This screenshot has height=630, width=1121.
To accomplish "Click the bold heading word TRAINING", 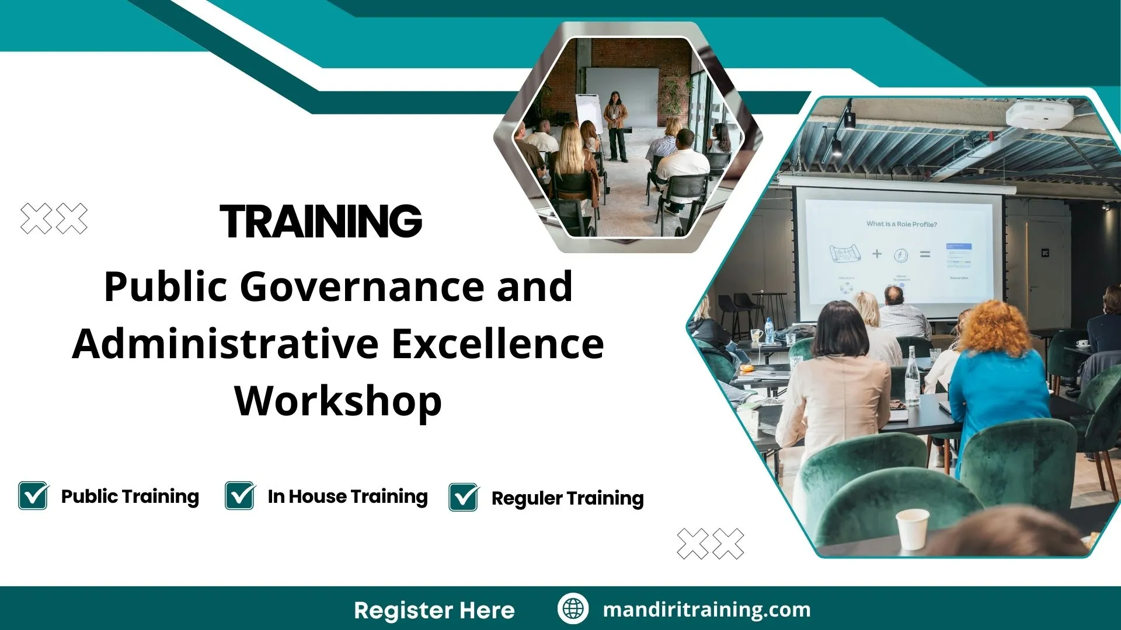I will point(321,222).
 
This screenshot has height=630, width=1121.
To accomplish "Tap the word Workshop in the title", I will point(338,401).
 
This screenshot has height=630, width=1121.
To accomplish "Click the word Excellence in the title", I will point(497,344).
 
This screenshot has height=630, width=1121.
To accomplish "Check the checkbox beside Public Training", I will point(33,496).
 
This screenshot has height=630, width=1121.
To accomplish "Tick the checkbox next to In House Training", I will point(239,496).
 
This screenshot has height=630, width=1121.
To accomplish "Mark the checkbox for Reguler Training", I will point(464,498).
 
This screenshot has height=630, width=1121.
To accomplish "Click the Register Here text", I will point(434,610).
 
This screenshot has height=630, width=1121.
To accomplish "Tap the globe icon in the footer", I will point(573,608).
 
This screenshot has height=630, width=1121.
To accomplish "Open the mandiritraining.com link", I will point(706,610).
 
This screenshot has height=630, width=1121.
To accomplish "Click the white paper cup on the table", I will point(911,528).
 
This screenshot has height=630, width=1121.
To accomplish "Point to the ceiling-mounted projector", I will point(1039,114).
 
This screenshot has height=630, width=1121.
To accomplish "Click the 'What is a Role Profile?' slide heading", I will point(901,224).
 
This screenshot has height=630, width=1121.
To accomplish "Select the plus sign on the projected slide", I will point(877,254).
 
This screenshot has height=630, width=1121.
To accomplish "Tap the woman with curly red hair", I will point(998,362).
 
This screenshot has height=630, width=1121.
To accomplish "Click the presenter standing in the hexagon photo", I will point(615,125).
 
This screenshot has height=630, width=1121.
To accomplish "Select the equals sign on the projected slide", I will point(925,254).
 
